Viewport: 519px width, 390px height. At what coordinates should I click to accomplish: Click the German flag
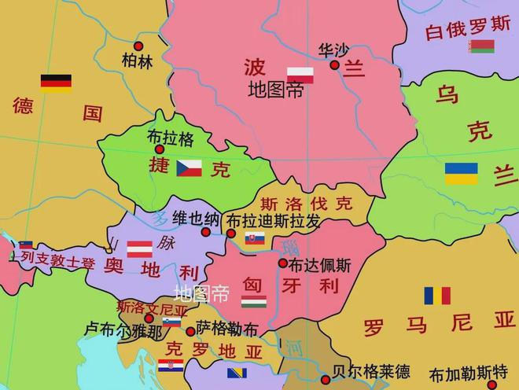(56, 83)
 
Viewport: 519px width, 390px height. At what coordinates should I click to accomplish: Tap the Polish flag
(300, 75)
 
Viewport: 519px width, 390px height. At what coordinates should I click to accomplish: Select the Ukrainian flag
(461, 173)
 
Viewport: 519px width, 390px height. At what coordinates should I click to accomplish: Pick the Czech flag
(189, 167)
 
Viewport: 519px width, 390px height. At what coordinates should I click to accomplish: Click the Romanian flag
(437, 296)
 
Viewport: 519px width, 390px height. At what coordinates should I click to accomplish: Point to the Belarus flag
(481, 46)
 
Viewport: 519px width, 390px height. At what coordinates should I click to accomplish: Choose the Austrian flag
(140, 249)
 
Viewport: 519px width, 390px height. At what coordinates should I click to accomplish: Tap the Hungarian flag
(253, 301)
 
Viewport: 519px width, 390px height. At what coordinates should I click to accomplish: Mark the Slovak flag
(255, 238)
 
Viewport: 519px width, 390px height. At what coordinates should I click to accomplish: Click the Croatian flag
(171, 365)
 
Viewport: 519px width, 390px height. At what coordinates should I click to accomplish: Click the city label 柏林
(138, 61)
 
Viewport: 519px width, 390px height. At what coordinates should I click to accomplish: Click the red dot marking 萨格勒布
(190, 331)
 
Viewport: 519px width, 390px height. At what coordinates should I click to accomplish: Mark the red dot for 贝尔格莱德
(325, 380)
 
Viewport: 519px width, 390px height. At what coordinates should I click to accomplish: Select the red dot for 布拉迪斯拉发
(231, 234)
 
